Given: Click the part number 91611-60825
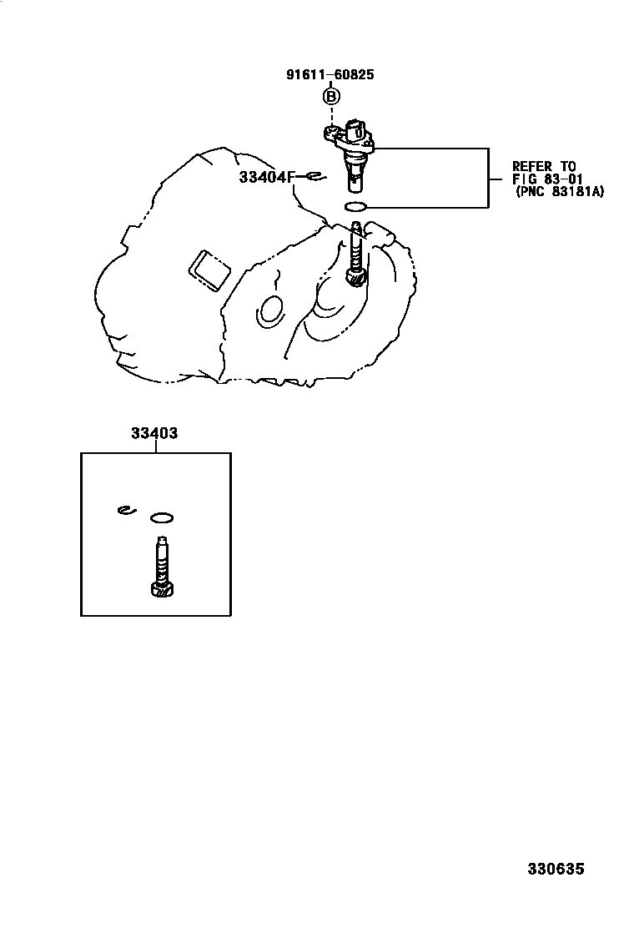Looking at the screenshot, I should click(330, 74).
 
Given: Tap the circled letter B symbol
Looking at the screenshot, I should click(330, 97).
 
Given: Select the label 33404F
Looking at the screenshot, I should click(267, 177).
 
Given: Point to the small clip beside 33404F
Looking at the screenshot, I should click(314, 175).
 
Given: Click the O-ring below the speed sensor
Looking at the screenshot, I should click(355, 206).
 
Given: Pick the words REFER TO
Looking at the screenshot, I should click(544, 166).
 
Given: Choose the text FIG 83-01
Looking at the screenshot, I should click(546, 179).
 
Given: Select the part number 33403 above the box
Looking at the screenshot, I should click(153, 433).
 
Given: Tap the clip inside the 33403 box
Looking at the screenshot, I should click(124, 510).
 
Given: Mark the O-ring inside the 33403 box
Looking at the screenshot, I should click(162, 517).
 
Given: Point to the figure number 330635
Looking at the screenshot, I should click(555, 869).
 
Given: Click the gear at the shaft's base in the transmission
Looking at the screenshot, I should click(356, 277).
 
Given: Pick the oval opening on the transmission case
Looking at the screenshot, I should click(271, 310).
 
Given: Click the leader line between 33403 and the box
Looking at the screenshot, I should click(155, 446).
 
